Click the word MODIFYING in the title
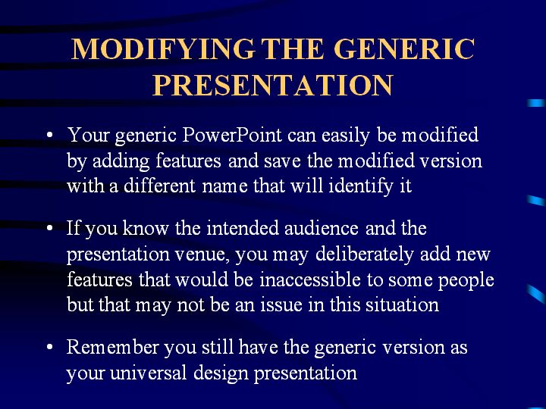pyautogui.click(x=162, y=49)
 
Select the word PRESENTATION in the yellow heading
pyautogui.click(x=273, y=85)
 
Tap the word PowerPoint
pyautogui.click(x=232, y=135)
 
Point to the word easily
pyautogui.click(x=346, y=136)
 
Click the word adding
pyautogui.click(x=121, y=162)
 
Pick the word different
pyautogui.click(x=159, y=186)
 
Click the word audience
pyautogui.click(x=322, y=229)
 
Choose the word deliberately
pyautogui.click(x=364, y=255)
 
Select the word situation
pyautogui.click(x=402, y=305)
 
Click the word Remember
pyautogui.click(x=112, y=348)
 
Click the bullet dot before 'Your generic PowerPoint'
pyautogui.click(x=49, y=136)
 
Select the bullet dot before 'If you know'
pyautogui.click(x=49, y=229)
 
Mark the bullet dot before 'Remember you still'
pyautogui.click(x=49, y=347)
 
